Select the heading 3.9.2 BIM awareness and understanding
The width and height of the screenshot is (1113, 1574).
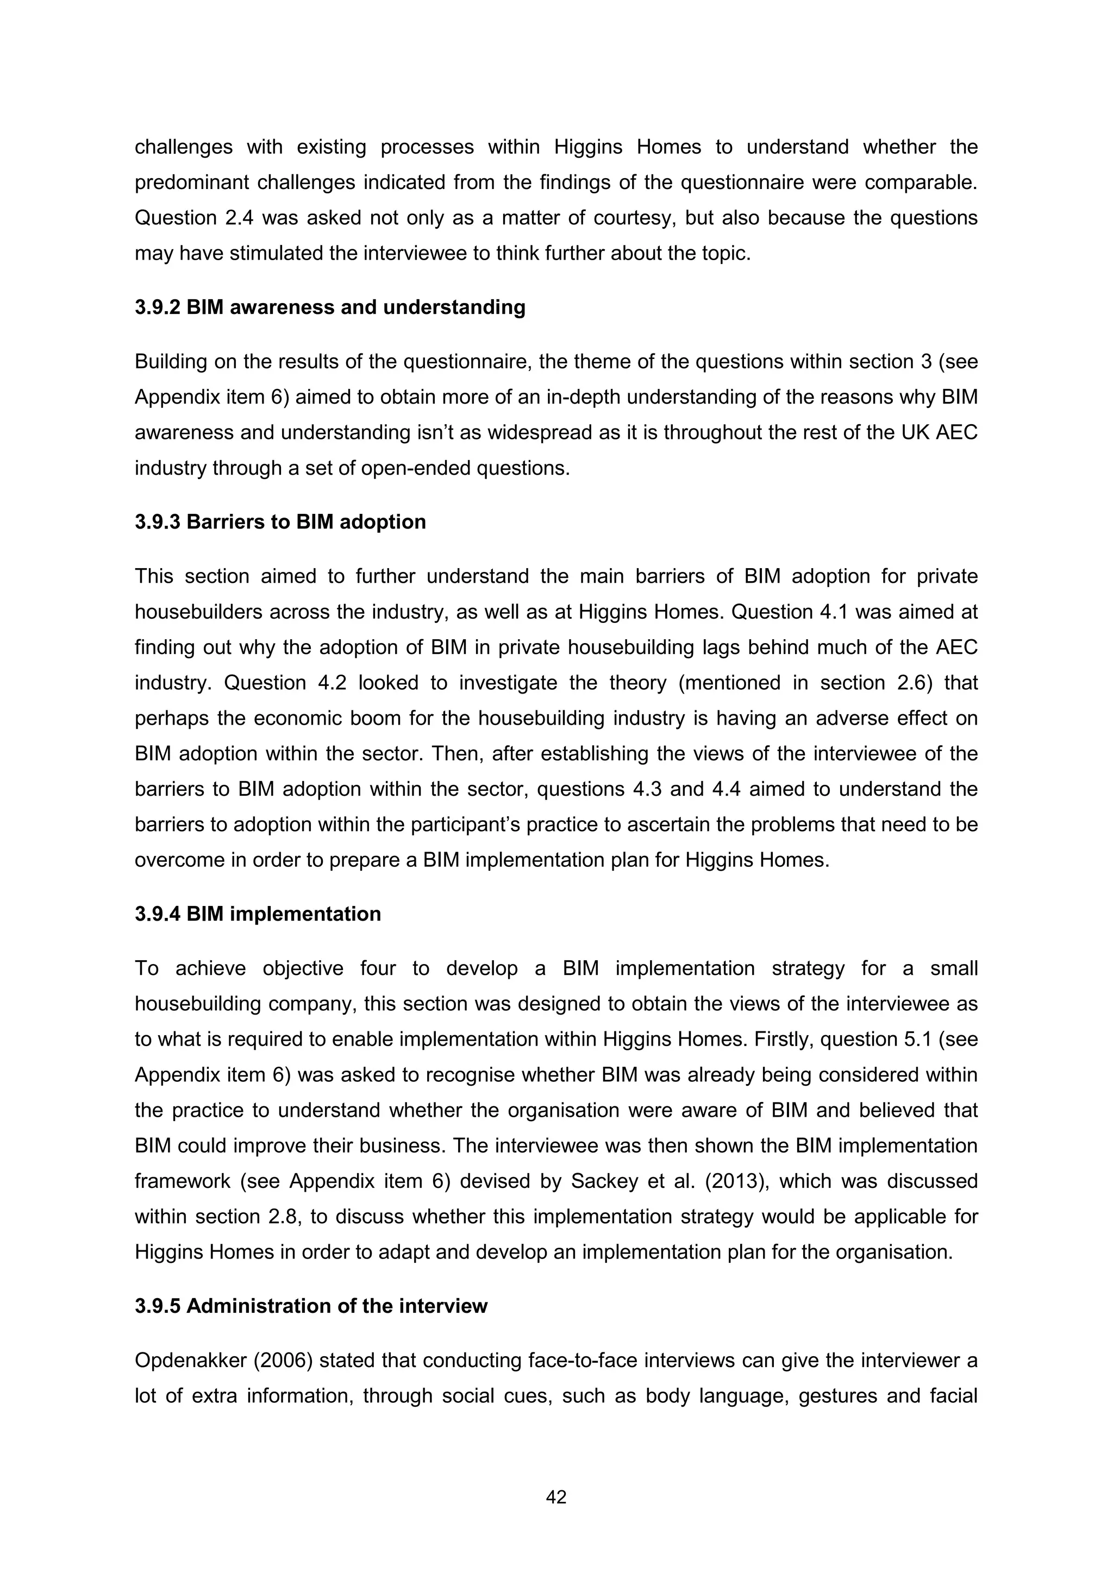tap(330, 307)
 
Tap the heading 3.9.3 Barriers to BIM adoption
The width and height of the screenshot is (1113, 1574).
tap(280, 522)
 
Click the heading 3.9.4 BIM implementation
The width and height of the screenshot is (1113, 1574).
tap(257, 914)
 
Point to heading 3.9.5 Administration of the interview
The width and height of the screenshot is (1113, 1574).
tap(311, 1306)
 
